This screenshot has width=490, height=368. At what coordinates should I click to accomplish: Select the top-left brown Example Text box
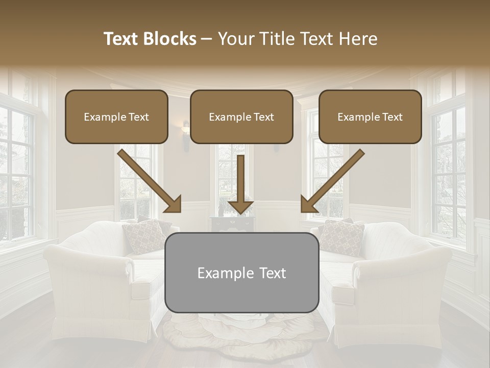116,117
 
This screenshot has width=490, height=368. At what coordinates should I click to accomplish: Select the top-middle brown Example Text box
241,117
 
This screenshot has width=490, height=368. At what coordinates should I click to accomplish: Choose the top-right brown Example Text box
370,117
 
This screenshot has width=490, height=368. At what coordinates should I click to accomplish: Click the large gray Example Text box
241,272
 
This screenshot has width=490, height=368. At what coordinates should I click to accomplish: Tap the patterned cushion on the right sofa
341,237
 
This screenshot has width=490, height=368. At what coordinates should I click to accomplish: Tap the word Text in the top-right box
391,117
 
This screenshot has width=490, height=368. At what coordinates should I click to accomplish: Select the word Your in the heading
235,39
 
